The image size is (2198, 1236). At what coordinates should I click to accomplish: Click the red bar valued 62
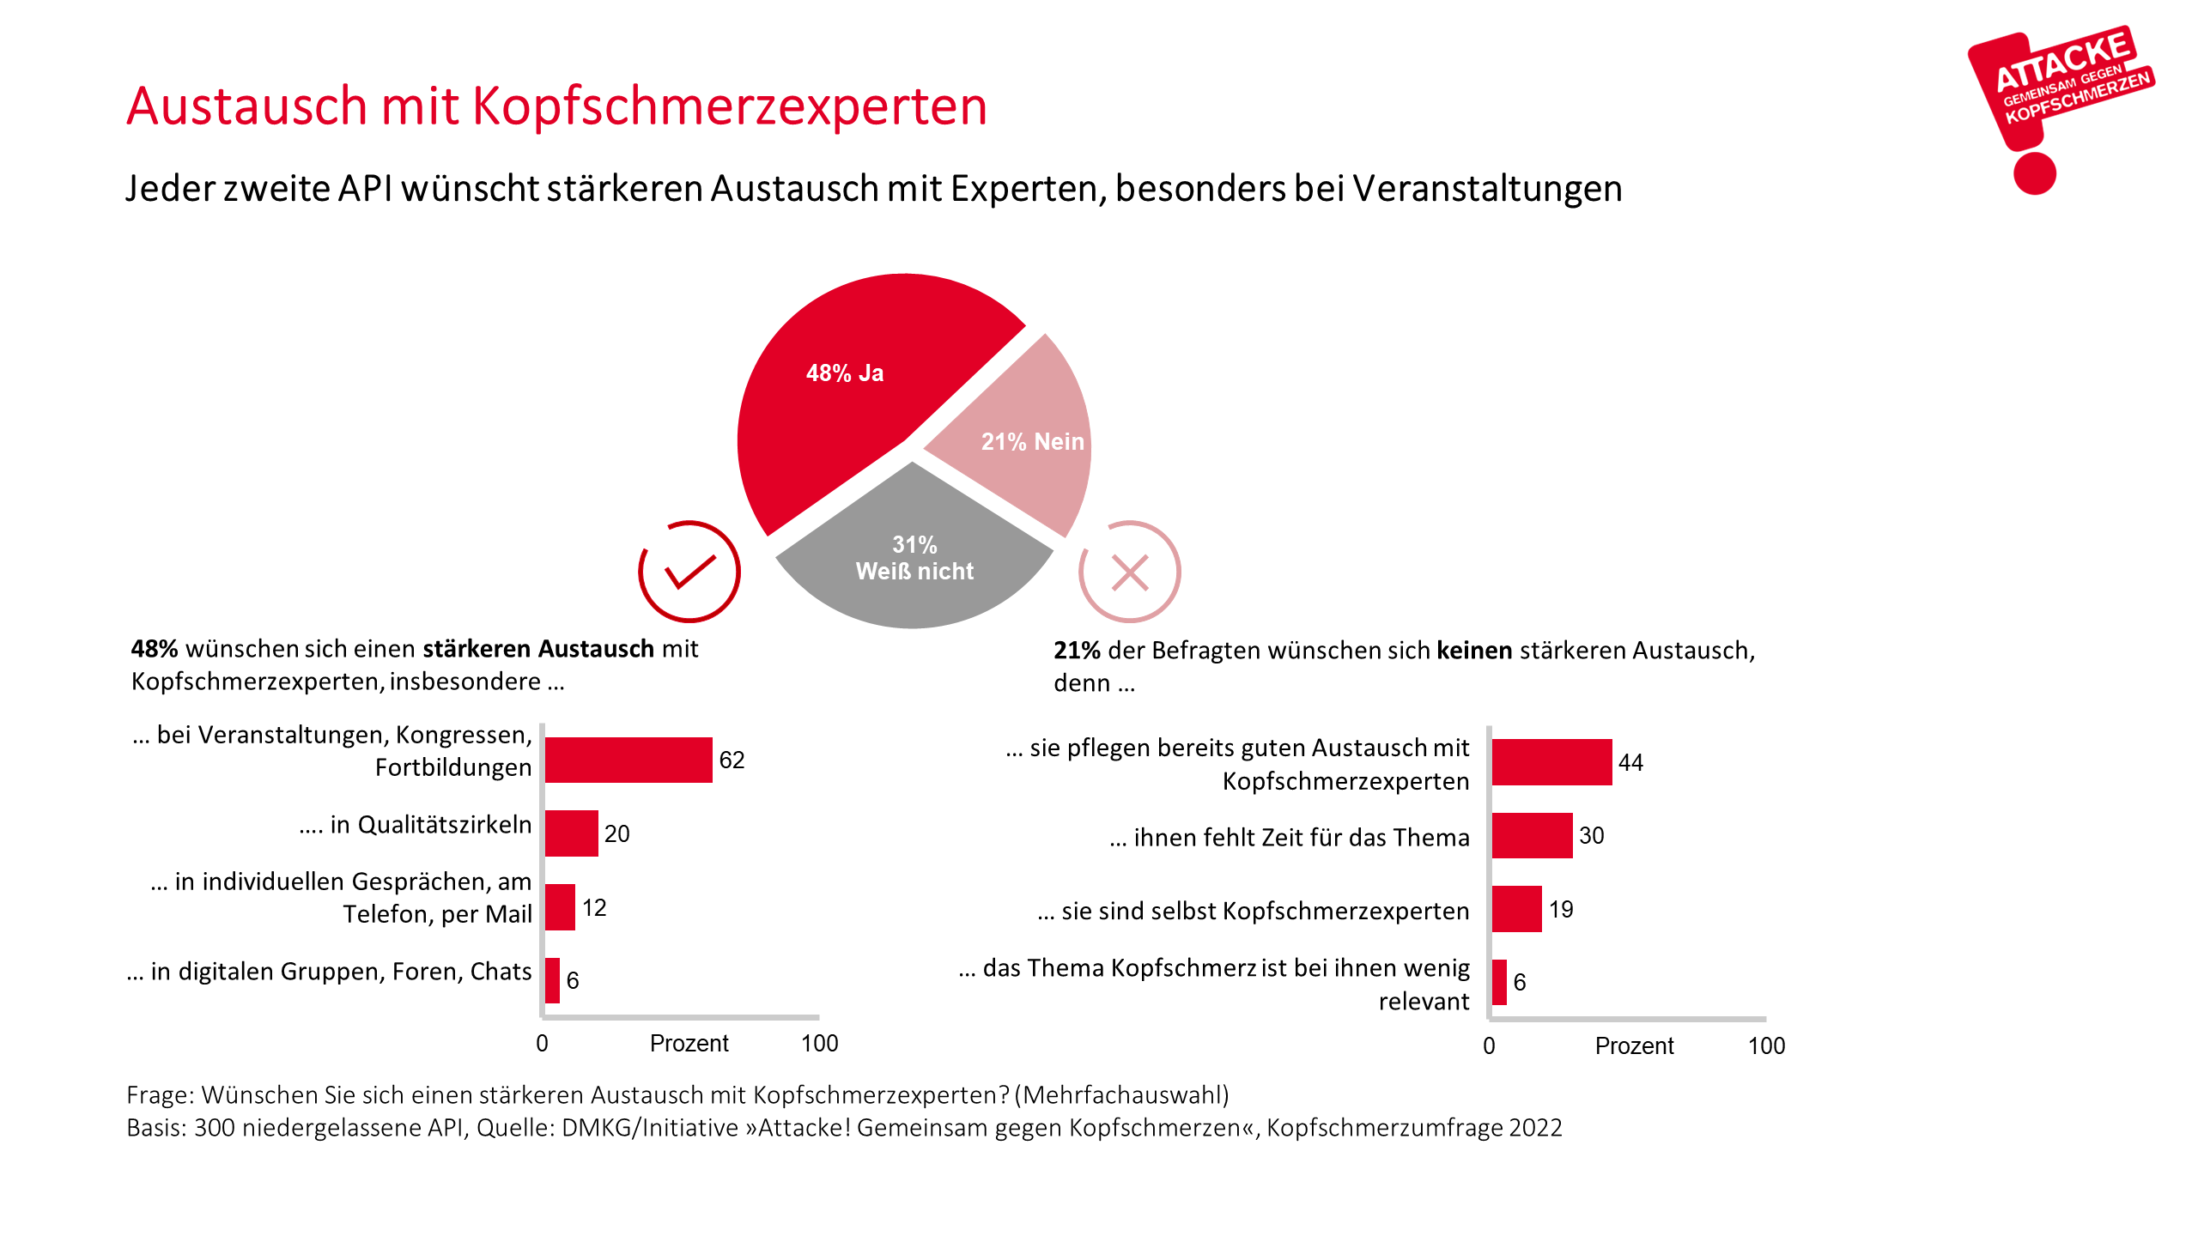point(628,760)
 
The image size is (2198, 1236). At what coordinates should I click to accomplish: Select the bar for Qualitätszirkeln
point(571,833)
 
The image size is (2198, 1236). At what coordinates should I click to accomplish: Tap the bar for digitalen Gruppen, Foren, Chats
point(552,980)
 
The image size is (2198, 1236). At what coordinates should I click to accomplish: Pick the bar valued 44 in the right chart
point(1551,762)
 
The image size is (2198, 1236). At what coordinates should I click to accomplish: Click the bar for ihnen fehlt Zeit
point(1532,836)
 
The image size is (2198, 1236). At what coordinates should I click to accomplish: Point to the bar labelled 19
point(1516,909)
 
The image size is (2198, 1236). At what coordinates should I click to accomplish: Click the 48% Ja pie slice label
point(845,373)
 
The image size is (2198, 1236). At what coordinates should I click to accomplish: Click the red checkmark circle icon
point(689,572)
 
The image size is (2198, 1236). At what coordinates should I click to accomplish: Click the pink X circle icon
point(1129,572)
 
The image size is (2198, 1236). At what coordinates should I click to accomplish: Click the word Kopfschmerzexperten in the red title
point(729,106)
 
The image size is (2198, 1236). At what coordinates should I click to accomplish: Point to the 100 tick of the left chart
point(819,1044)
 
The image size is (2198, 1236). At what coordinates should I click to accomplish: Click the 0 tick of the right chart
point(1489,1046)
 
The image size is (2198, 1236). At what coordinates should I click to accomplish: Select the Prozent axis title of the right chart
point(1634,1046)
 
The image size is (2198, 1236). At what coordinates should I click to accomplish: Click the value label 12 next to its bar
point(594,908)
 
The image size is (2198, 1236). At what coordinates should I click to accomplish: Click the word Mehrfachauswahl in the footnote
point(1125,1095)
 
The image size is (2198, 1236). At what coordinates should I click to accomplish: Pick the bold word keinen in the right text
point(1474,651)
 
